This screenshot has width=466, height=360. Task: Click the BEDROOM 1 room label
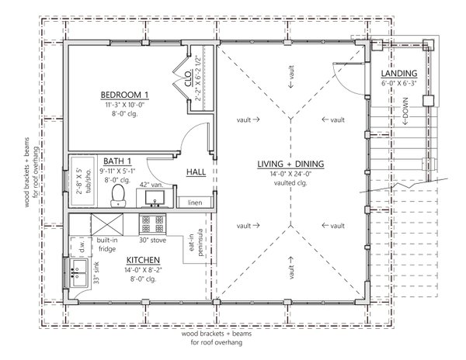124,95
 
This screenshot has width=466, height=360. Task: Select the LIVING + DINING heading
292,164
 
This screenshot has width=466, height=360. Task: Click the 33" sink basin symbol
78,271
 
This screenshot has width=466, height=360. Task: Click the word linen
197,202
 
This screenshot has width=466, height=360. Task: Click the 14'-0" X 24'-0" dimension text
292,175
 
